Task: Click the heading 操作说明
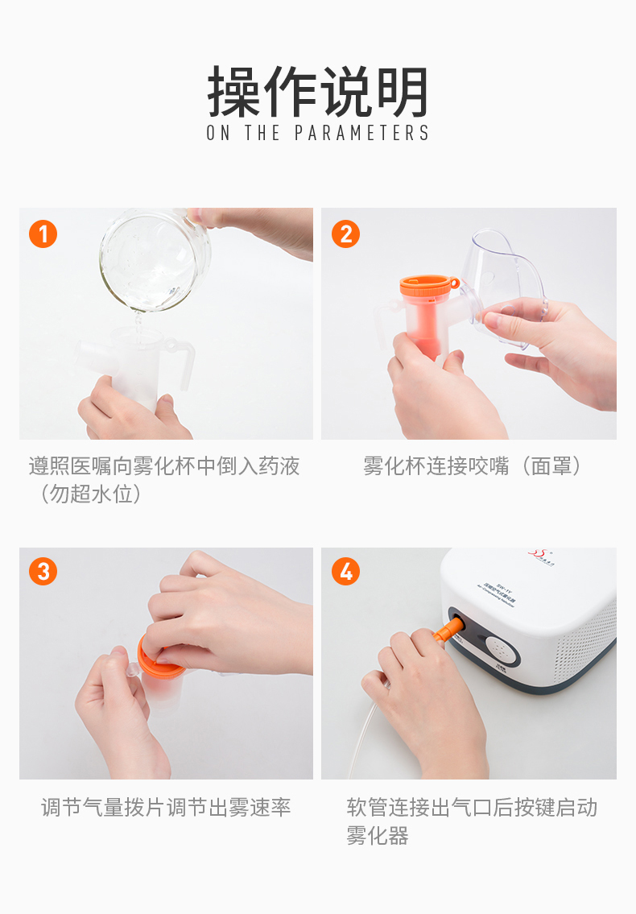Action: coord(318,92)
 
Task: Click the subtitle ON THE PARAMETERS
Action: coord(318,133)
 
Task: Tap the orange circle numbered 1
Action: coord(43,234)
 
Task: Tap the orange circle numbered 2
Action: coord(346,234)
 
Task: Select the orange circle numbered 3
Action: coord(43,572)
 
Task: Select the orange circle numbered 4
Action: coord(346,572)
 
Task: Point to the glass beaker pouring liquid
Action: coord(153,259)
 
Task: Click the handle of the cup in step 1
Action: coord(182,362)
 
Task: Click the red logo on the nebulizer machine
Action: coord(538,554)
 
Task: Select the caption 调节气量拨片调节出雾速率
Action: coord(166,808)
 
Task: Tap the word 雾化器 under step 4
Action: coord(378,836)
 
